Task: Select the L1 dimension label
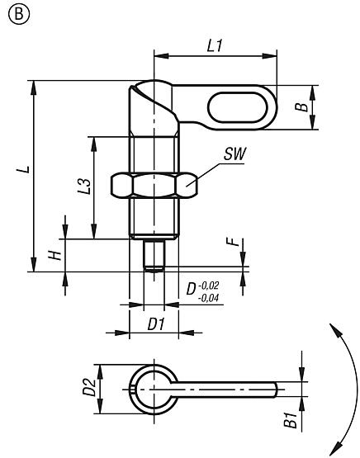coord(214,47)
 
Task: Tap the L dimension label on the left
coord(26,171)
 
